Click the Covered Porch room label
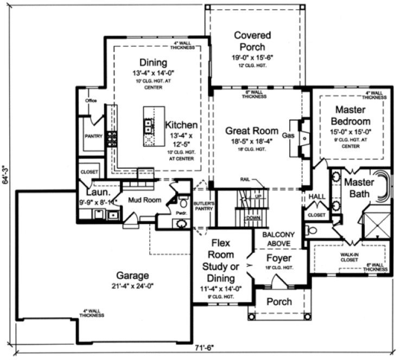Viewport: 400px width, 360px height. [252, 41]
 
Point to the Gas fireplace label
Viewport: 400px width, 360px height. [288, 136]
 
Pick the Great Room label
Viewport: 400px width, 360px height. [251, 131]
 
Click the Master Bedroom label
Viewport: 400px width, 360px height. [351, 115]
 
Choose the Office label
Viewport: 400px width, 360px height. [90, 101]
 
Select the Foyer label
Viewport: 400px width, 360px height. [279, 258]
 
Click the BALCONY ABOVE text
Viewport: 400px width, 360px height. [278, 239]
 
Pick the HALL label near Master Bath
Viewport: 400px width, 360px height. [315, 197]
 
